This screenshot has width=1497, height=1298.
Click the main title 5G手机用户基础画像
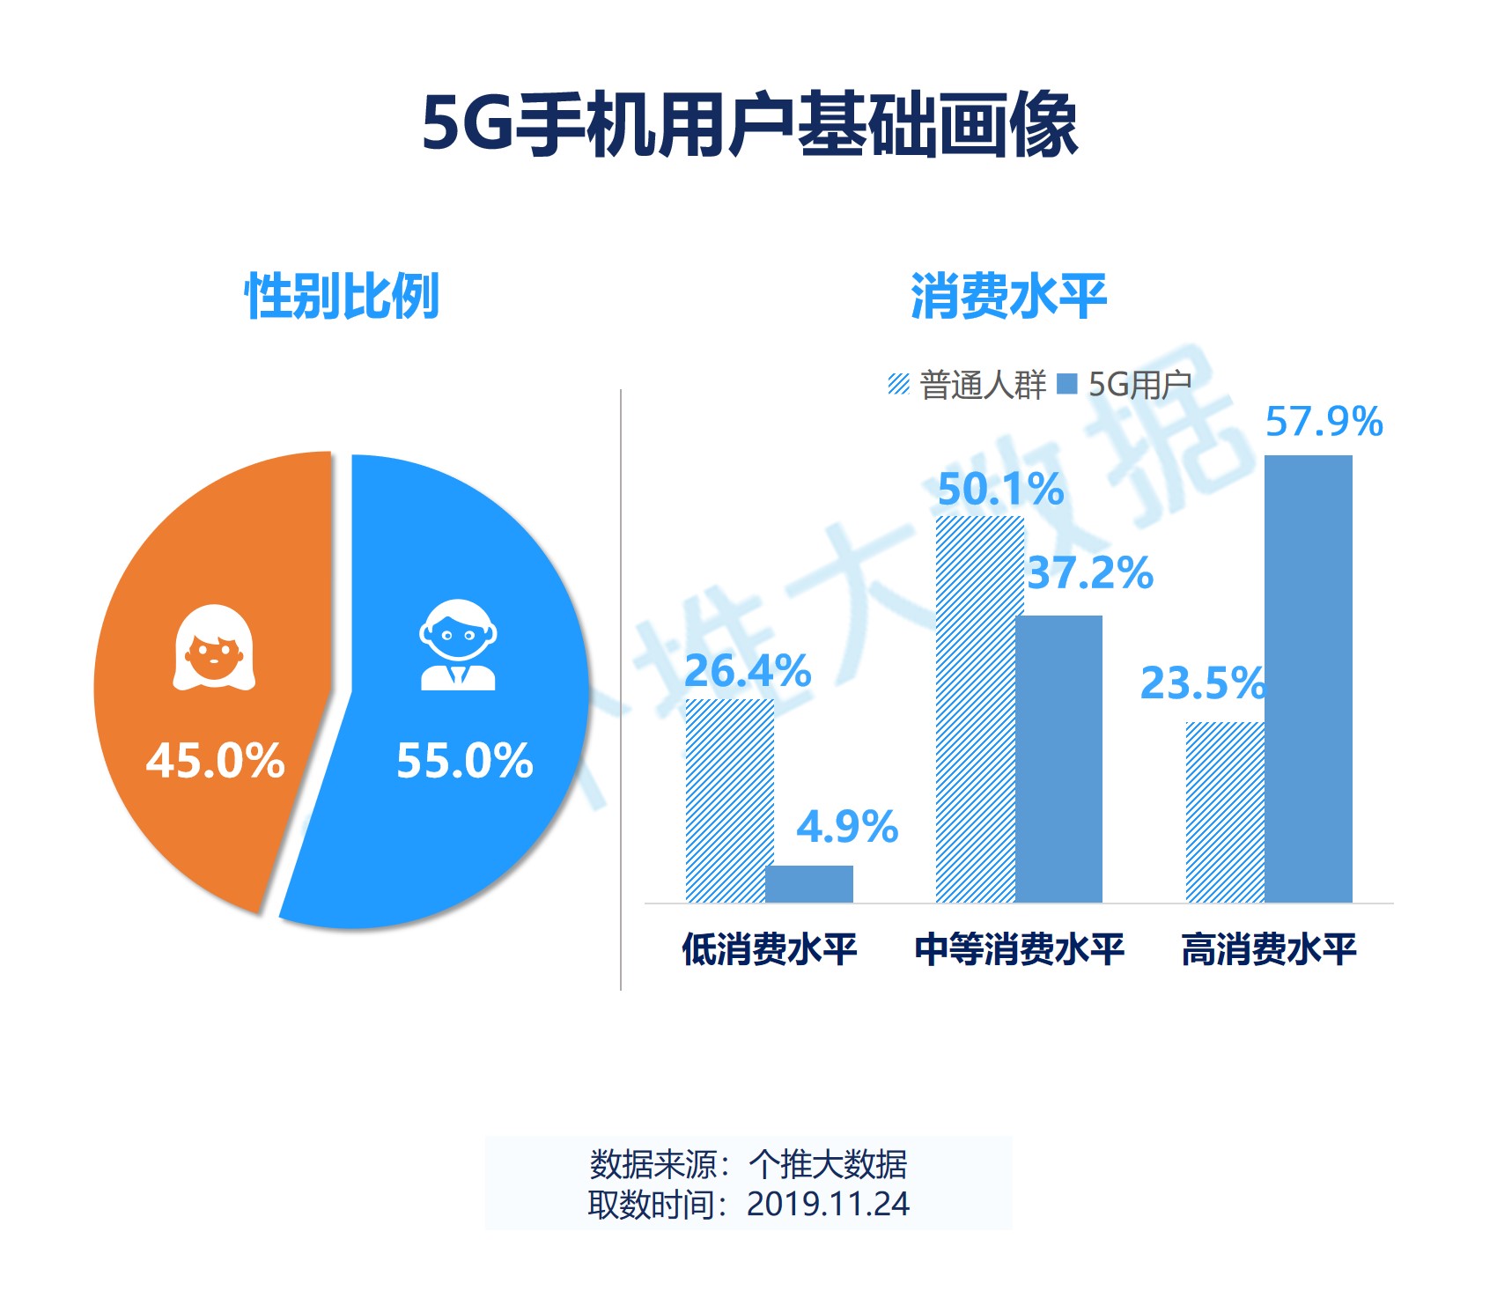point(749,124)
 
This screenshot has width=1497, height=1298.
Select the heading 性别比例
point(342,297)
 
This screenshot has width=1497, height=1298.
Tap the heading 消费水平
point(1007,297)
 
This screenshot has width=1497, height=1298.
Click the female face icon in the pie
point(214,647)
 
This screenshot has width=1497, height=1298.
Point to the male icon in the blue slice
point(458,645)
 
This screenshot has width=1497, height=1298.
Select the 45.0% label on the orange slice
point(216,760)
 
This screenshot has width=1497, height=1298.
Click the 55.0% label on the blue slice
point(464,760)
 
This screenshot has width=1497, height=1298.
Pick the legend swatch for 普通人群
point(898,384)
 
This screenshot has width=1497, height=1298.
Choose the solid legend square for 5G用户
point(1066,384)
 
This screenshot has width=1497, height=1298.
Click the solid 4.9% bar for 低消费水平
point(809,883)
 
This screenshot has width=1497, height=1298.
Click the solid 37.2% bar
point(1058,758)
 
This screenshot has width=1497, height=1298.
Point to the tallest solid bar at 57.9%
point(1308,678)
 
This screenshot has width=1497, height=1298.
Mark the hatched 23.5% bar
point(1225,812)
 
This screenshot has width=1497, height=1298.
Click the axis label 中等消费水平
point(1019,949)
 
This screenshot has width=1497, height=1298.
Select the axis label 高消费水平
point(1268,949)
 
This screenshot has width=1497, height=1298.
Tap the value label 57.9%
point(1324,422)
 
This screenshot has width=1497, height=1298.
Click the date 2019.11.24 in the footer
point(828,1204)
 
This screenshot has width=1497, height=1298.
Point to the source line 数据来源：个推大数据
point(748,1164)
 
